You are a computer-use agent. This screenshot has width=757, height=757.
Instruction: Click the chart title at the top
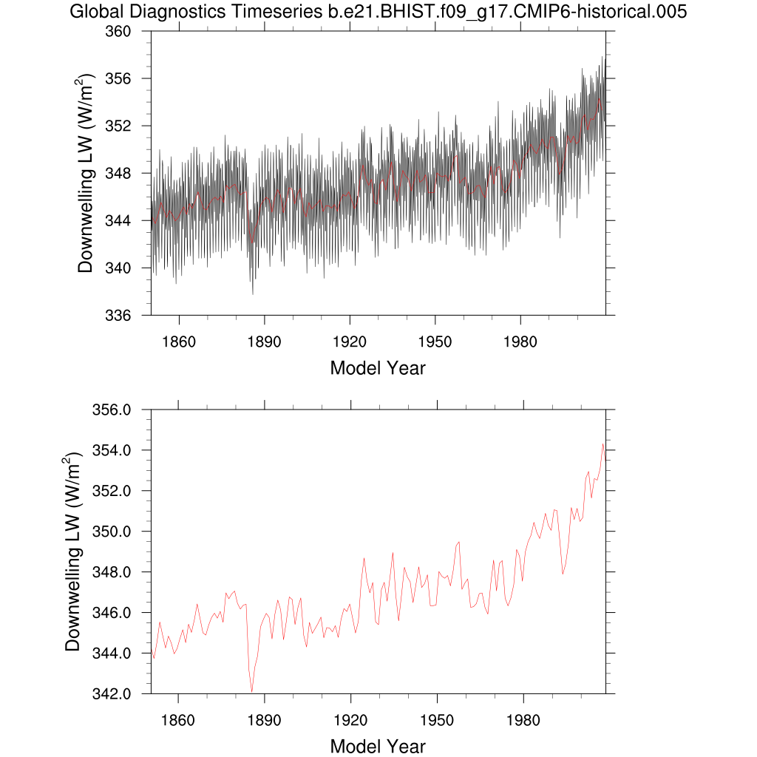pos(378,12)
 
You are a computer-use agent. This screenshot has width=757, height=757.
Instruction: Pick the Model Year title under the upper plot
pos(378,367)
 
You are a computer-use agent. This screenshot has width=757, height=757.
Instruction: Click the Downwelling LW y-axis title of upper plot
pos(86,174)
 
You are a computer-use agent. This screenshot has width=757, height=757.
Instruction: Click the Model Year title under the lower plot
pos(378,746)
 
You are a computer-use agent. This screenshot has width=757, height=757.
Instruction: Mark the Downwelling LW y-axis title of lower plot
pos(72,551)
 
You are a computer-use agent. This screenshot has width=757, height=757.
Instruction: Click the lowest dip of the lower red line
pos(252,692)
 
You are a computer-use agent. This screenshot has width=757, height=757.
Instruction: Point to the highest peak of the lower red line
pos(603,444)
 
